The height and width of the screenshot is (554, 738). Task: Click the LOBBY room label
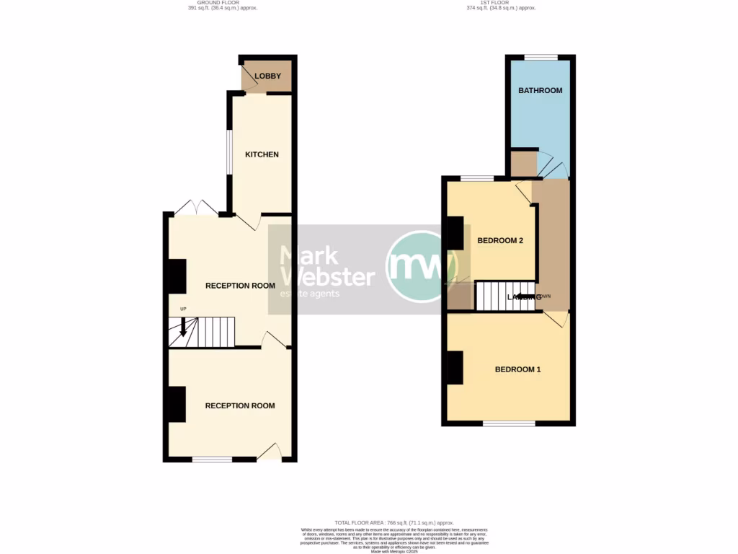coord(267,76)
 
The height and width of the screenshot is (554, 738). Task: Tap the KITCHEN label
coord(262,154)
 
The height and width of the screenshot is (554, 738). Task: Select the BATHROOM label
coord(541,90)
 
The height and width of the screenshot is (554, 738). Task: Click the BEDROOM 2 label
coord(500,241)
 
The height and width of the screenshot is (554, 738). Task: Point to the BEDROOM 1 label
coord(517,369)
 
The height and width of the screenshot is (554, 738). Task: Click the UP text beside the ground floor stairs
coord(183,309)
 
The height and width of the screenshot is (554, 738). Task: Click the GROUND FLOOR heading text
coord(223,3)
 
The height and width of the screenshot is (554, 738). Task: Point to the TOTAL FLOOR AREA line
coord(394,522)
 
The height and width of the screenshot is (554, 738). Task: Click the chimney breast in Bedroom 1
coord(454,368)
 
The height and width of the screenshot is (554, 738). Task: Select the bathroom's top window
coord(541,57)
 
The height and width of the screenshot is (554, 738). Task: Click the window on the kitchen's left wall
coord(228,151)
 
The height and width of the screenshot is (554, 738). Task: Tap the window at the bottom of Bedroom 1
coord(509,423)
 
